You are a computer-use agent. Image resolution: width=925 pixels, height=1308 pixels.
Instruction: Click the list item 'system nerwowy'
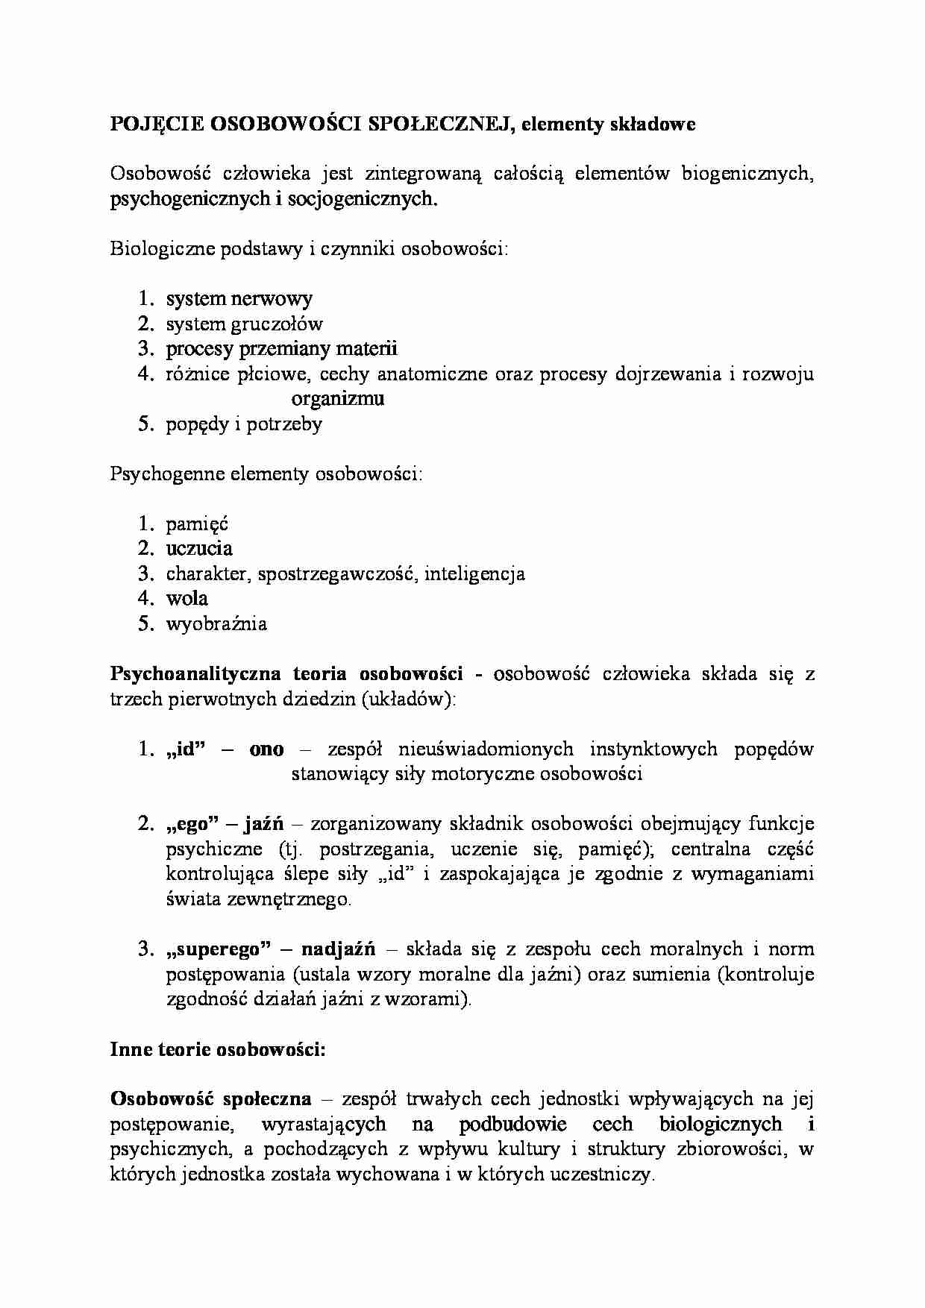click(x=239, y=299)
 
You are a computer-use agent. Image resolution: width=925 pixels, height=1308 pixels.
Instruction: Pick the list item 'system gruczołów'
click(x=245, y=324)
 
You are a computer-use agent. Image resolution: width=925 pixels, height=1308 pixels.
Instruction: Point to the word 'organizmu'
click(x=337, y=399)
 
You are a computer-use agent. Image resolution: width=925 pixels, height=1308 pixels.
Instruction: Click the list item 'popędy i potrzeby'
click(x=244, y=424)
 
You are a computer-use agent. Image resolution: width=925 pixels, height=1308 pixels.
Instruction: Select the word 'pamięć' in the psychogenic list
click(x=197, y=524)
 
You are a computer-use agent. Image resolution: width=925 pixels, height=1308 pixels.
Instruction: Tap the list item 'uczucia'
click(x=199, y=549)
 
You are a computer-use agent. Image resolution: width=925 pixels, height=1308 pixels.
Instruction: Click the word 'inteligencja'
click(x=474, y=574)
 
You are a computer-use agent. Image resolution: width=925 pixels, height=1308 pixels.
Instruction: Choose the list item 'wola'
click(x=186, y=599)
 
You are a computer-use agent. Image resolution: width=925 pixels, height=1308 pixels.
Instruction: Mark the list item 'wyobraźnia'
click(x=216, y=624)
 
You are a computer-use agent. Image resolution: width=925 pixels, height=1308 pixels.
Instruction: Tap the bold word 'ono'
click(x=266, y=749)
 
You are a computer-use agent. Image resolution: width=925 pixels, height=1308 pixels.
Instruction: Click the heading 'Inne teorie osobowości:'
click(x=218, y=1050)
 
